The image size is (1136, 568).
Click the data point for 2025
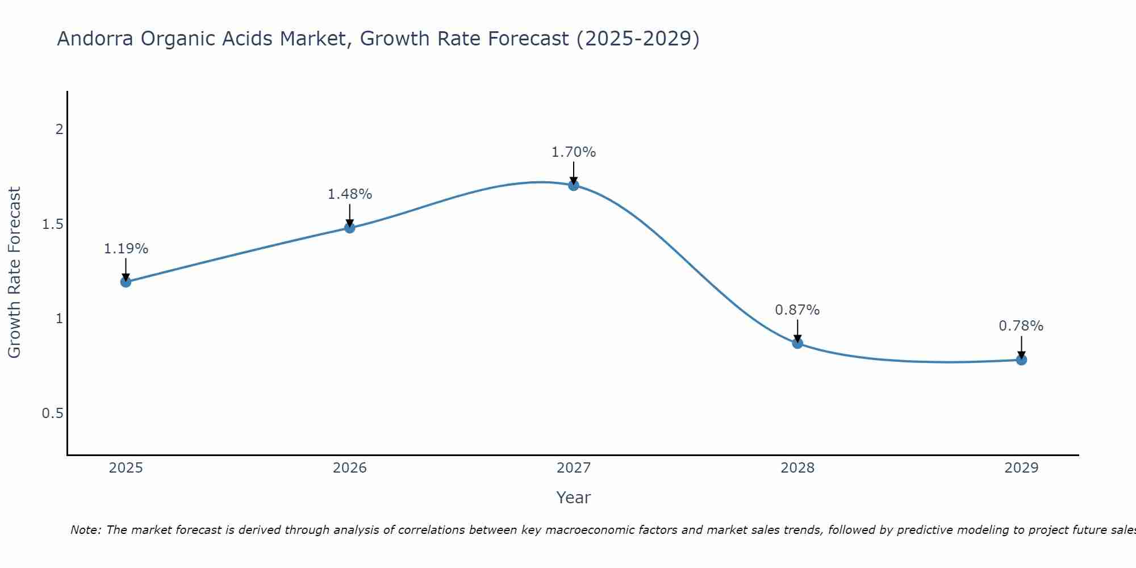(x=126, y=282)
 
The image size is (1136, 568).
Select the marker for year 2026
(x=350, y=228)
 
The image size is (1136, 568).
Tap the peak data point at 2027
(x=574, y=185)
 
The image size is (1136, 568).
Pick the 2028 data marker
(x=797, y=343)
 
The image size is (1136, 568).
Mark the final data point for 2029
(x=1021, y=360)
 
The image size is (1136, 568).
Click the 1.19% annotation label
(x=126, y=249)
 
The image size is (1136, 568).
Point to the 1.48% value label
(x=350, y=194)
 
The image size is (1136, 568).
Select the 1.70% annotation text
(x=574, y=152)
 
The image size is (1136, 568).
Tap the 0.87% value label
(x=797, y=310)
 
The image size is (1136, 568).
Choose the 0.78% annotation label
(x=1021, y=326)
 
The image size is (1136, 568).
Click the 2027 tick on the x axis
(x=574, y=468)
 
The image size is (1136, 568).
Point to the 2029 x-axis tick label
(x=1021, y=468)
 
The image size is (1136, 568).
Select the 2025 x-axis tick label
(x=126, y=468)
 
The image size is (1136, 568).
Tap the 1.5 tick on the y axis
(x=52, y=224)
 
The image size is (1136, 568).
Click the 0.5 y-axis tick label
(x=52, y=414)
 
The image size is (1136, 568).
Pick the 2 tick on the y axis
(x=59, y=130)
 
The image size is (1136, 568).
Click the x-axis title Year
(x=574, y=498)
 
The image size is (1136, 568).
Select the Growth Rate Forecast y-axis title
(x=14, y=273)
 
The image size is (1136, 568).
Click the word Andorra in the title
(x=95, y=39)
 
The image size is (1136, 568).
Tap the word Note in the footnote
(x=85, y=530)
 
